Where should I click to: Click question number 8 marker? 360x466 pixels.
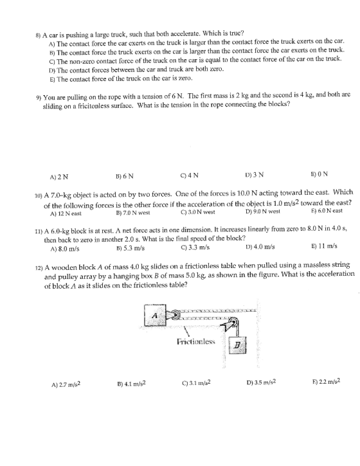[x=38, y=35]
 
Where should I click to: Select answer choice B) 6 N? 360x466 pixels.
[x=124, y=176]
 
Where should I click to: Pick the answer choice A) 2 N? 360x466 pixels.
[x=59, y=177]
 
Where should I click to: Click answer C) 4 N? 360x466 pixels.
[x=189, y=175]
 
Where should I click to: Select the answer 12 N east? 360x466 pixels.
[x=66, y=213]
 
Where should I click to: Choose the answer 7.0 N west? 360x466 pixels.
[x=132, y=213]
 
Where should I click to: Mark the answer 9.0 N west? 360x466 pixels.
[x=263, y=211]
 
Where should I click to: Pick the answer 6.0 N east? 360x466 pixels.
[x=327, y=211]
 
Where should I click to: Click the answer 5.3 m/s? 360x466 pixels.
[x=130, y=248]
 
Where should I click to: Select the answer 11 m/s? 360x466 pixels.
[x=324, y=246]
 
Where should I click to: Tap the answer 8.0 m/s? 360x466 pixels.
[x=65, y=249]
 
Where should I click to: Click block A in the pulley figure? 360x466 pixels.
[x=155, y=315]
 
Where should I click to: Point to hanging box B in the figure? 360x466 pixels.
[x=237, y=345]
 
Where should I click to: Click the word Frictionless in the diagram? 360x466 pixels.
[x=195, y=341]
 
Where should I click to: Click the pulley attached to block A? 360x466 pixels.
[x=175, y=314]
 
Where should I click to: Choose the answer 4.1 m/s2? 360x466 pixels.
[x=131, y=384]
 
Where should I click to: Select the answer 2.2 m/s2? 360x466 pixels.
[x=326, y=381]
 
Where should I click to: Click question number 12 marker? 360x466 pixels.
[x=40, y=268]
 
